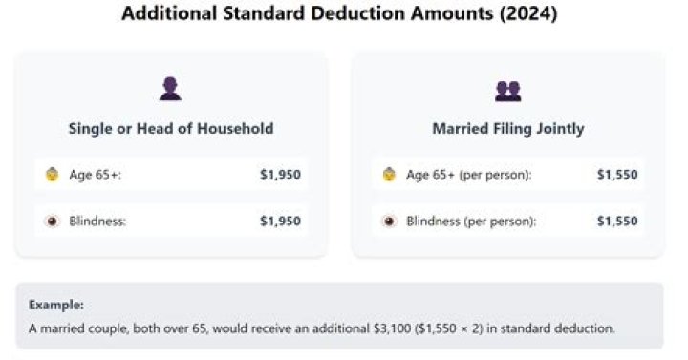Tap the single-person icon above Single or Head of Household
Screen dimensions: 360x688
tap(170, 90)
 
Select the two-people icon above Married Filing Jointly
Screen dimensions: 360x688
tap(507, 91)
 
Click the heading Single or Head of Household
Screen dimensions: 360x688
tap(171, 128)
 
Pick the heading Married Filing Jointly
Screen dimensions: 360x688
tap(507, 128)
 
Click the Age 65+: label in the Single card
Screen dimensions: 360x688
tap(96, 175)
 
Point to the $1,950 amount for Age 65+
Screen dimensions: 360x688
tap(280, 175)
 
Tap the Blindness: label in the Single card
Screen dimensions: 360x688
tap(97, 222)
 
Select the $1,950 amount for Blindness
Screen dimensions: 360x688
tap(280, 222)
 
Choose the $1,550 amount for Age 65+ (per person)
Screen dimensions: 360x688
tap(617, 175)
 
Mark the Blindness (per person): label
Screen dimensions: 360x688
tap(471, 222)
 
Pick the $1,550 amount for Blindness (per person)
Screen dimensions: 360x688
tap(617, 222)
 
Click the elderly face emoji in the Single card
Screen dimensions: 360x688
tap(53, 175)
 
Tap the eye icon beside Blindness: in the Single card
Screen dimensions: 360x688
tap(53, 222)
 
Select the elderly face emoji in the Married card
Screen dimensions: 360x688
tap(389, 175)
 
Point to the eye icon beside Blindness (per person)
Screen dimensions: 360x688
tap(389, 222)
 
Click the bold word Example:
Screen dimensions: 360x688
tap(55, 306)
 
